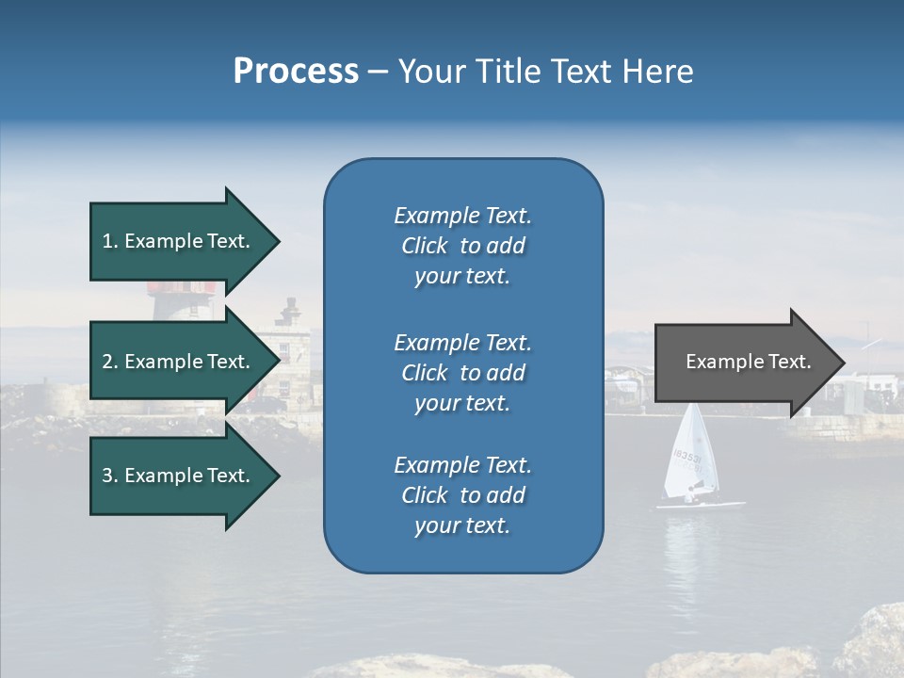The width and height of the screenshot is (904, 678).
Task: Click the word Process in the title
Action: point(296,72)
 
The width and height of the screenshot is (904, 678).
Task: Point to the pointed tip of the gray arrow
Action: point(842,363)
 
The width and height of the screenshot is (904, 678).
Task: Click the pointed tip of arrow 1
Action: point(277,241)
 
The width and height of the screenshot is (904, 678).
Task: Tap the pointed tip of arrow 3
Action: point(277,476)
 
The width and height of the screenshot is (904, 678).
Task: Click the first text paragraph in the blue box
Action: point(462,246)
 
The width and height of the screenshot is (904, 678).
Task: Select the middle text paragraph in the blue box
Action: point(462,373)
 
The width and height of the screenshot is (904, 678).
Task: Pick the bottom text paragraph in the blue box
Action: point(462,495)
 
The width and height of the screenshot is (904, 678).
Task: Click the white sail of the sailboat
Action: point(692,452)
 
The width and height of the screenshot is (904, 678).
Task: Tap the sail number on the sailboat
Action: point(686,458)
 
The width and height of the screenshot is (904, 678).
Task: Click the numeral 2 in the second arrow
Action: point(107,362)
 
